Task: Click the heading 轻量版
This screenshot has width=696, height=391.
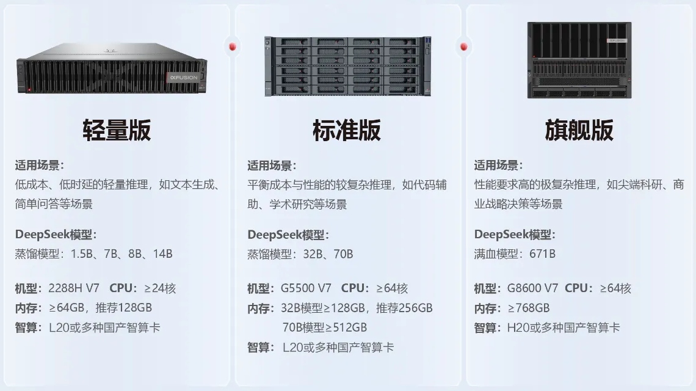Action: (117, 130)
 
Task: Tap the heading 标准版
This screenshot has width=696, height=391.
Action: (347, 130)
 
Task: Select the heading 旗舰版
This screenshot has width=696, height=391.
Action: (579, 130)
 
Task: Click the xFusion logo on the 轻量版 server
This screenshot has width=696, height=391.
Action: (184, 78)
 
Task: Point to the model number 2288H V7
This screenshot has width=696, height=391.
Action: (74, 288)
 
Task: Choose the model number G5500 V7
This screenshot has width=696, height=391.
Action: (306, 288)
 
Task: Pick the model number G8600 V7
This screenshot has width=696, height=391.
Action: (532, 288)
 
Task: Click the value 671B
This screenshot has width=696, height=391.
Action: (542, 254)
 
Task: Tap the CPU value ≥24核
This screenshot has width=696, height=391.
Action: (160, 288)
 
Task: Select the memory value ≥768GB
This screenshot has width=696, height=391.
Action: (529, 308)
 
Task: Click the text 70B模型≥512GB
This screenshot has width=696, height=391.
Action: (324, 327)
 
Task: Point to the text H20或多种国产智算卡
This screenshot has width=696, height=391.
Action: (564, 327)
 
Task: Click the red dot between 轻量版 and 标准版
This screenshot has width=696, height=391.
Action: (232, 46)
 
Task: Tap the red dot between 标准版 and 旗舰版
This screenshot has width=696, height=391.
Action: (464, 46)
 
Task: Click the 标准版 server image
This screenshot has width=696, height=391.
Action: (347, 66)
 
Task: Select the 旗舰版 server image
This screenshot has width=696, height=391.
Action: (579, 60)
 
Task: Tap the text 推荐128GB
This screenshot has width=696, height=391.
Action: (123, 308)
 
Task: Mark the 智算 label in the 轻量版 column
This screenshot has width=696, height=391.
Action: (29, 327)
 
